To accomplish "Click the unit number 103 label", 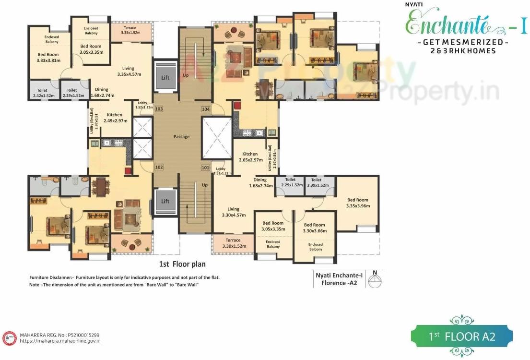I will coord(159,109).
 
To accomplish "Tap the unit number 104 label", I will coord(206,109).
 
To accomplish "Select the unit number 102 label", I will coord(159,168).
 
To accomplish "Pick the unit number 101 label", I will coord(206,168).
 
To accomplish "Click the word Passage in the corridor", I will coord(181,137).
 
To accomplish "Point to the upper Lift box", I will coord(165,77).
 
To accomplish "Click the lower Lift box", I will coord(165,201).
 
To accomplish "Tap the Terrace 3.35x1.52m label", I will coord(130,31).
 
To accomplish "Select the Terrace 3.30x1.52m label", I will coord(234,243).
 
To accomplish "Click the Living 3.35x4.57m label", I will coord(128,72).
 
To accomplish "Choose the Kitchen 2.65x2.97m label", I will coord(250,157).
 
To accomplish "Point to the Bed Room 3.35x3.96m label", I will coord(358,203).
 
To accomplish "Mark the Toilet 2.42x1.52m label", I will coord(43,93).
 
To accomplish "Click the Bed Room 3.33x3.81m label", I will coord(48,58).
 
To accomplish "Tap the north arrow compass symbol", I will coord(376,279).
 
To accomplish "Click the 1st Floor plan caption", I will coord(182,264).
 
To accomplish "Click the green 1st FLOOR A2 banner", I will coord(461,336).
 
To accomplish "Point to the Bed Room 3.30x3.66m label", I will coord(314,228).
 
